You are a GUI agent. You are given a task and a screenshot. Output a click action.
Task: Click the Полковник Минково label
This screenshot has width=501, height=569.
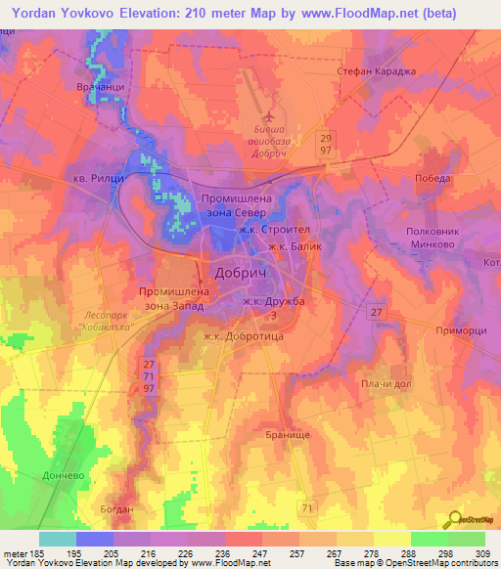click(x=427, y=240)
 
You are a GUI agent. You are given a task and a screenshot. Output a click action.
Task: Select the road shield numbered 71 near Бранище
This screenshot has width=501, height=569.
click(x=308, y=508)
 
